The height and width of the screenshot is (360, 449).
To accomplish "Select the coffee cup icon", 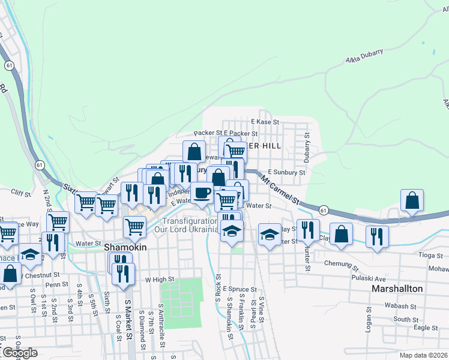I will [x=202, y=193].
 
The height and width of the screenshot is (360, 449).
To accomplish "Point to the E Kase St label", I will [x=265, y=122].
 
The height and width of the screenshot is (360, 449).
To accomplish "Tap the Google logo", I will [x=19, y=353].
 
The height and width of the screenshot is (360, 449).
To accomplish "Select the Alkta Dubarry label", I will [x=364, y=56].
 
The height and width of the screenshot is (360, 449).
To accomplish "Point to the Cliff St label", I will [x=21, y=193].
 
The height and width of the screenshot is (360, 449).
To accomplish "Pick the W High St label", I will [x=159, y=280].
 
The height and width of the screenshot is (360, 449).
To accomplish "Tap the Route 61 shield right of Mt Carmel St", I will [x=324, y=210].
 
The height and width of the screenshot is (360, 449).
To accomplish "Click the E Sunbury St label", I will [x=286, y=172].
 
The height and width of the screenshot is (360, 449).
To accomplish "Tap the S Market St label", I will [x=127, y=317].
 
